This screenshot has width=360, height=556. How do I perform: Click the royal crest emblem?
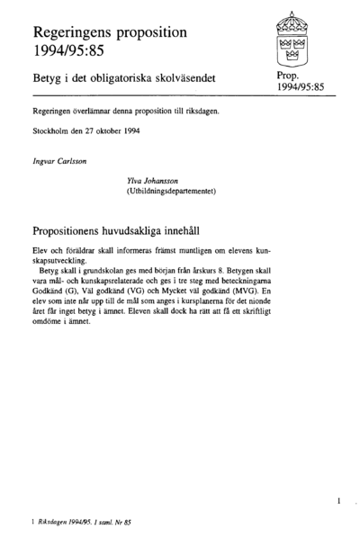[290, 40]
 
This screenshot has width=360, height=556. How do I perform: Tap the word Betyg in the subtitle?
[49, 80]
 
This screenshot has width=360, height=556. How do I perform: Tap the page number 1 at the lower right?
[337, 499]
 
